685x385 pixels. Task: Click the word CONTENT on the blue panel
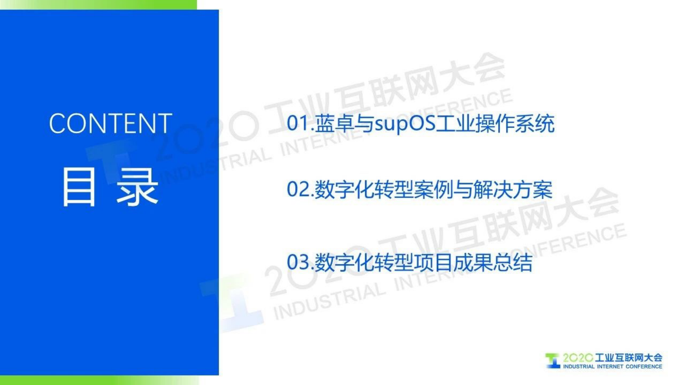pos(110,123)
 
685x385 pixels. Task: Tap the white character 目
pos(79,187)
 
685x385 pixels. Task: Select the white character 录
pos(137,187)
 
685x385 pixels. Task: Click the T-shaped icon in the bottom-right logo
pos(552,360)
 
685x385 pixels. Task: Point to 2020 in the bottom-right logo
pos(578,358)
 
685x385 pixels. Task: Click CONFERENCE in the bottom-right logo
pos(644,366)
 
